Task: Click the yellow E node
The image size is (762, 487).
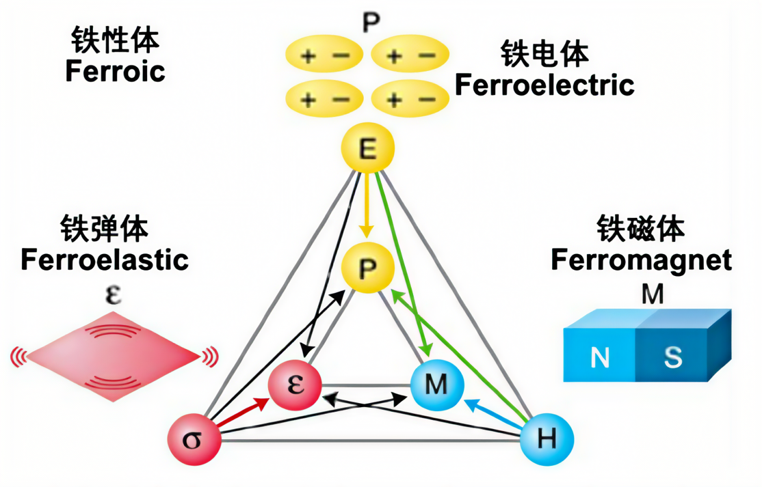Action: pyautogui.click(x=367, y=150)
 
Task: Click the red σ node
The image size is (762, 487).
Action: pyautogui.click(x=195, y=438)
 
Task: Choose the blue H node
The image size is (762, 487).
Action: pyautogui.click(x=546, y=439)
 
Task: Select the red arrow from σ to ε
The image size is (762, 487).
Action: pyautogui.click(x=245, y=411)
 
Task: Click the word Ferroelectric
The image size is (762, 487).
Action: pyautogui.click(x=544, y=85)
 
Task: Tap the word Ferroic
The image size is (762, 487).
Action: pyautogui.click(x=116, y=72)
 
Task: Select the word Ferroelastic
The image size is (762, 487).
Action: pyautogui.click(x=105, y=260)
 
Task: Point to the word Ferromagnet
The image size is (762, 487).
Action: pyautogui.click(x=641, y=260)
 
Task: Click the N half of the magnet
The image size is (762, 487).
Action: pyautogui.click(x=599, y=357)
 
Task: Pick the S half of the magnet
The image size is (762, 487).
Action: pyautogui.click(x=674, y=356)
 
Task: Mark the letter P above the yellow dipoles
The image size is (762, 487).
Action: pyautogui.click(x=371, y=23)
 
